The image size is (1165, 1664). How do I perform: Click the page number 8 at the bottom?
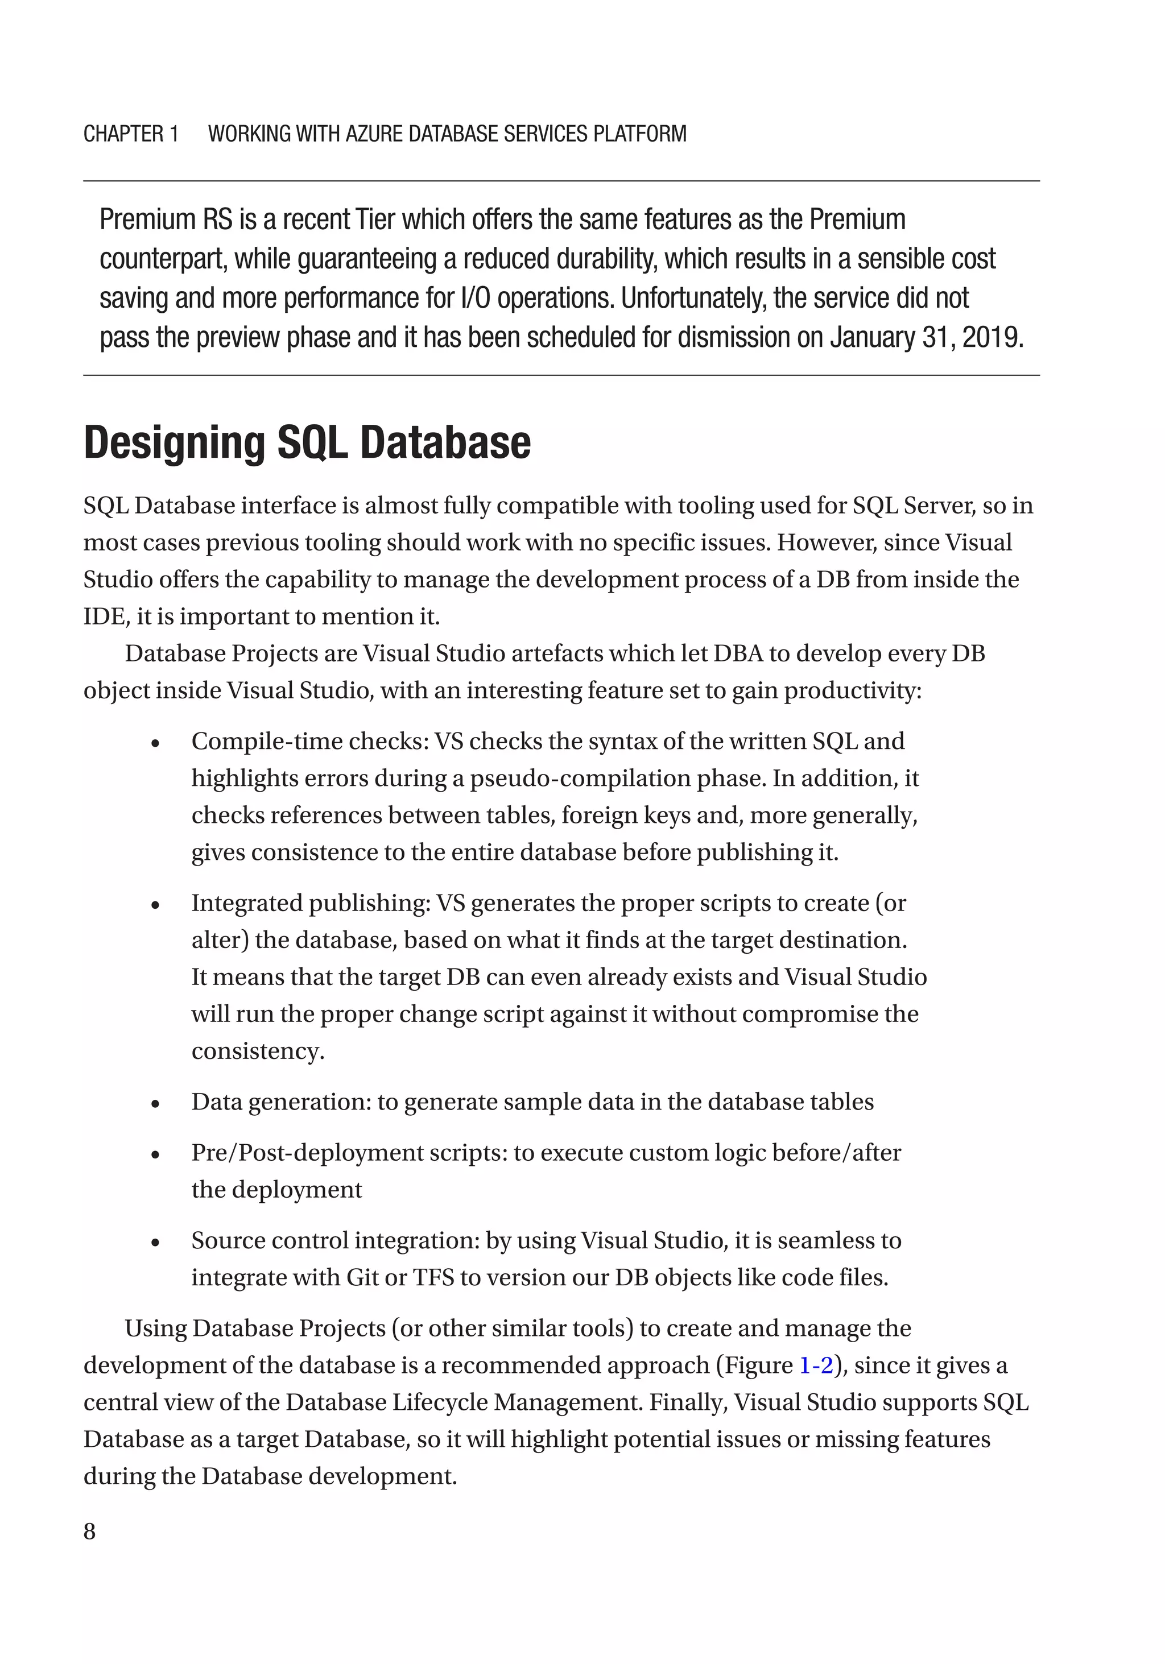coord(89,1531)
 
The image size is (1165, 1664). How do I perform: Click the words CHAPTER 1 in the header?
coord(130,134)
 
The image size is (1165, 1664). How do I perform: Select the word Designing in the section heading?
coord(174,443)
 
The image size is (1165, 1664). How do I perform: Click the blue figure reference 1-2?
coord(816,1365)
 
